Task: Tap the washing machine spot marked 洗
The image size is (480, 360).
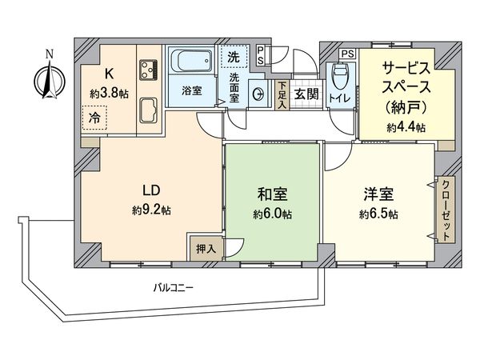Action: point(234,57)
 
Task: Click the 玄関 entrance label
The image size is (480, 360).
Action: point(306,93)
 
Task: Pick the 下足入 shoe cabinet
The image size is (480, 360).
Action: point(282,94)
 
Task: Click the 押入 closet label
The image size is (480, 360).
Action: point(206,249)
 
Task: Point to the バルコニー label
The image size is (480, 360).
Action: point(174,286)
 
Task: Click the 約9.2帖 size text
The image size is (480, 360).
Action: point(152,210)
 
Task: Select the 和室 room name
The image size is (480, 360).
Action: point(273,194)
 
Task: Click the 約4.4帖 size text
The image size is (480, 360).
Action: point(406,127)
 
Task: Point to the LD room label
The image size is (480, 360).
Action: point(152,190)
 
